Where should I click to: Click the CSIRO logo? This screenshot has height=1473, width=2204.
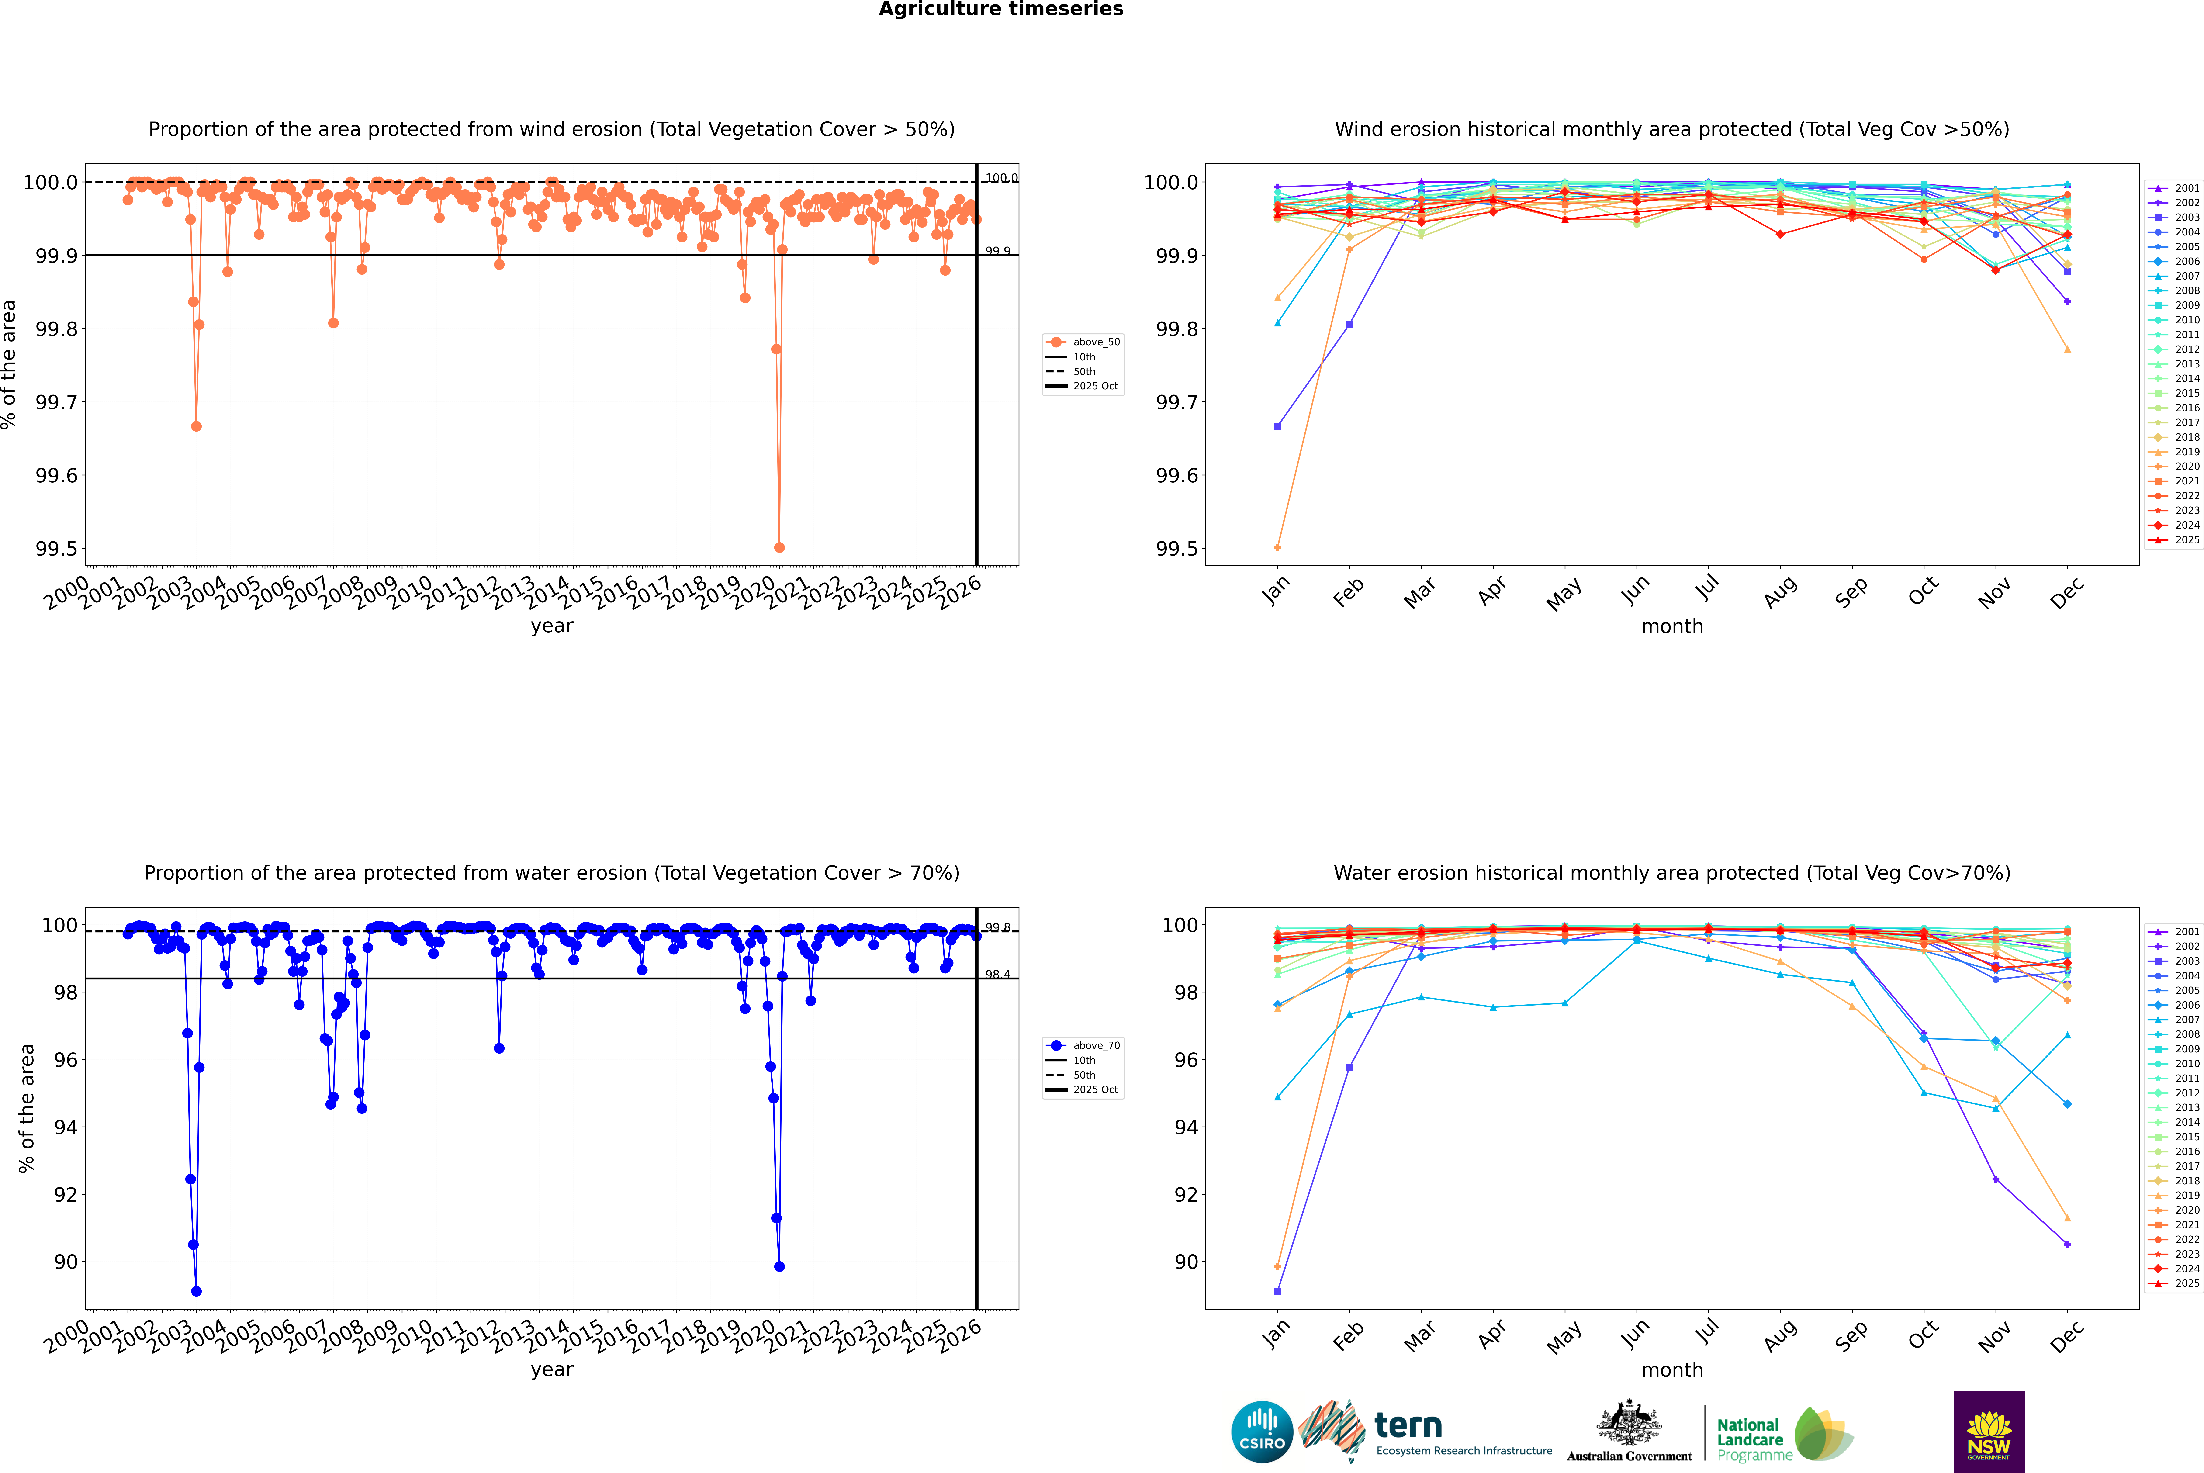coord(1262,1432)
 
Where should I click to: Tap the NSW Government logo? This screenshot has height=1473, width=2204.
coord(1989,1432)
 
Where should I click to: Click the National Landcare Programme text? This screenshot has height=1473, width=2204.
coord(1749,1439)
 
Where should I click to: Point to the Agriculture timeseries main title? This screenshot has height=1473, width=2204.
coord(1000,9)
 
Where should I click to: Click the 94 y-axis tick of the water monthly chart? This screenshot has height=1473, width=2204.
coord(1187,1127)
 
